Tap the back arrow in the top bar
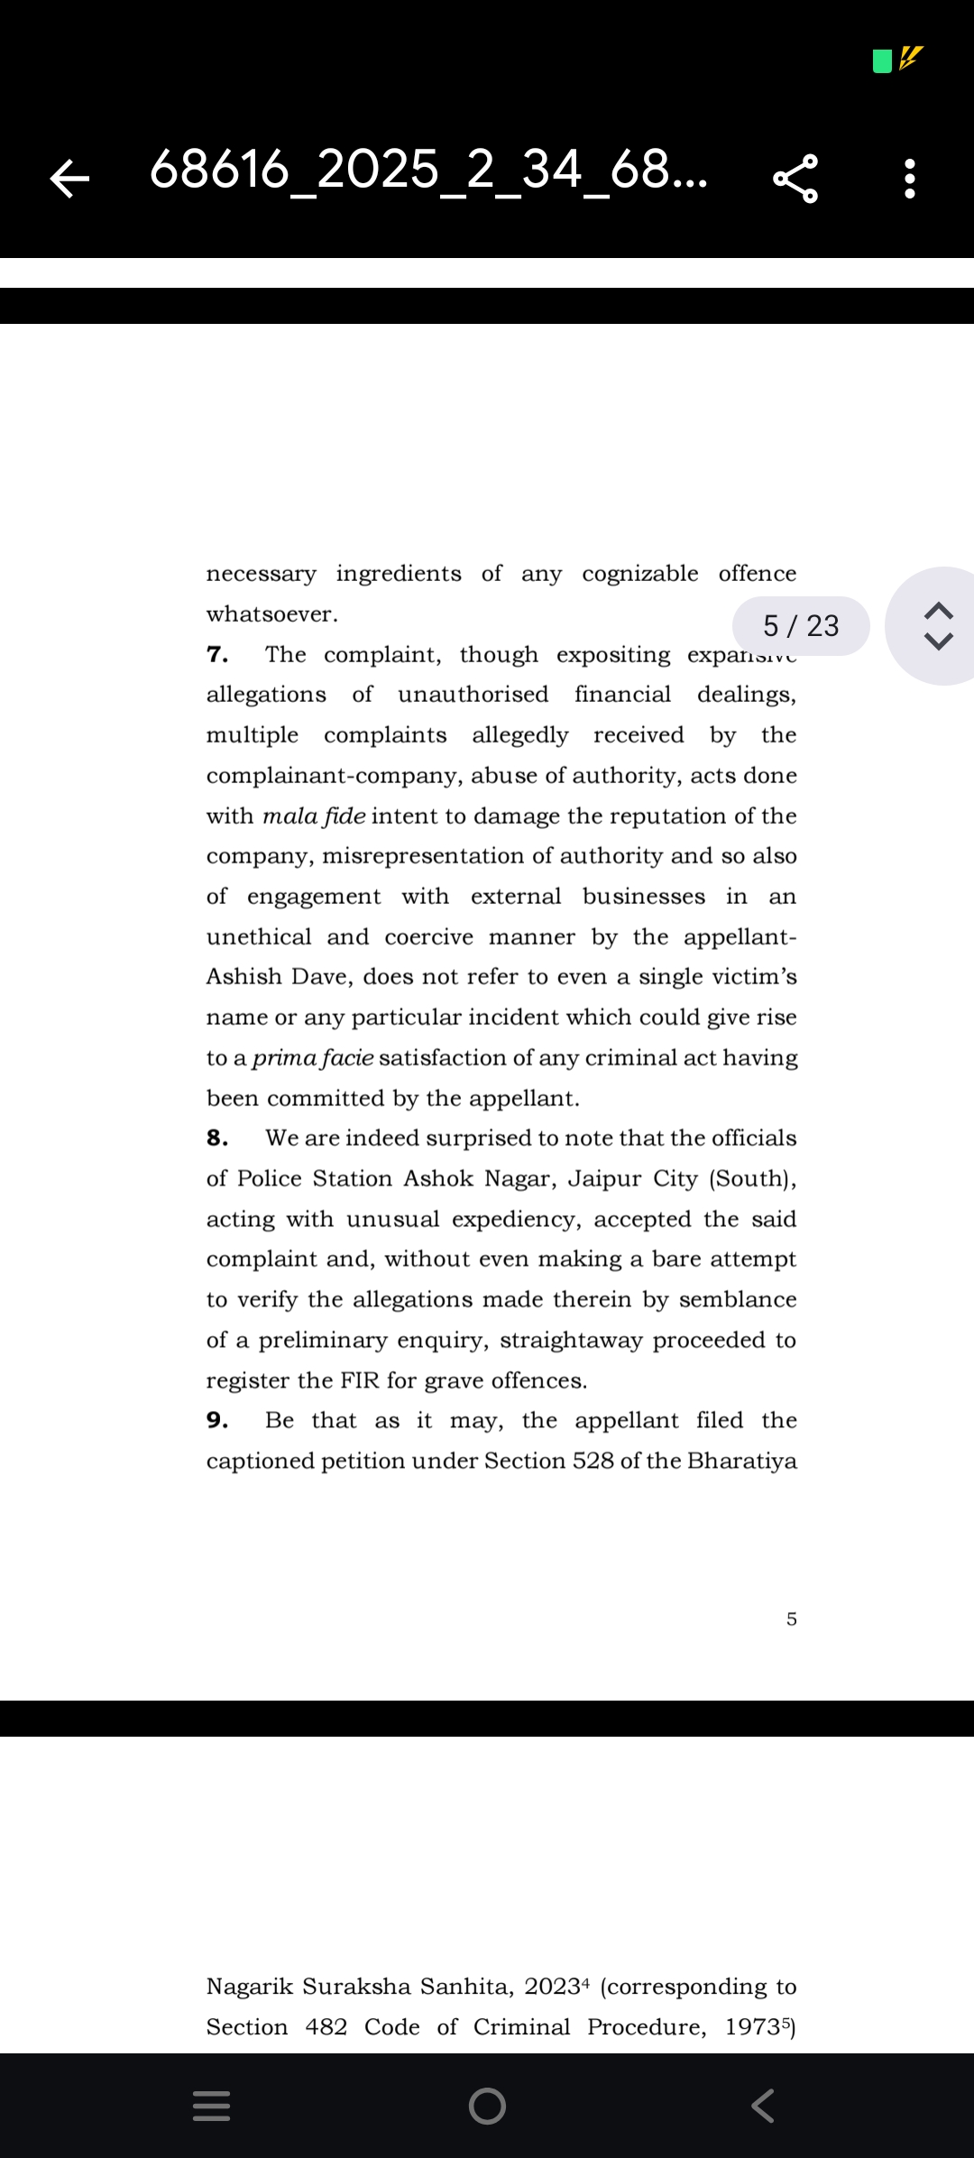coord(69,178)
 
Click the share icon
coord(795,178)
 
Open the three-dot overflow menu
coord(910,178)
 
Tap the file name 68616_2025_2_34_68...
coord(428,170)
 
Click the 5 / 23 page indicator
coord(801,625)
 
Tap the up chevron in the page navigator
coord(939,611)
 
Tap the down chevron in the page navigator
coord(939,641)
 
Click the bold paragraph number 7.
coord(217,655)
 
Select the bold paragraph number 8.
coord(217,1139)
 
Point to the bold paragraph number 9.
coord(217,1421)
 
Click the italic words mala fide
coord(314,816)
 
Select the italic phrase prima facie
coord(313,1058)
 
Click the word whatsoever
coord(271,614)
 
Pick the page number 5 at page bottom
coord(792,1619)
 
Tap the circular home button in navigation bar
coord(487,2106)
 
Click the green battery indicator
coord(883,60)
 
